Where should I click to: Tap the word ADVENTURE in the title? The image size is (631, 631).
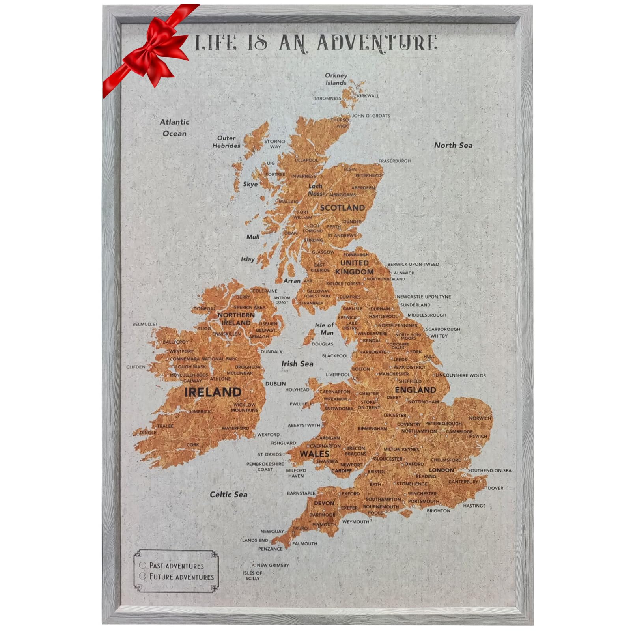(x=377, y=43)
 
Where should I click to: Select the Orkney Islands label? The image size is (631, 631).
(x=336, y=79)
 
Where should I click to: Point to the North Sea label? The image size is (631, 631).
(x=453, y=145)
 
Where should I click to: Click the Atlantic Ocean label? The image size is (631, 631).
(x=174, y=128)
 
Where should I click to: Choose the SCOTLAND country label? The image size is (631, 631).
(x=342, y=208)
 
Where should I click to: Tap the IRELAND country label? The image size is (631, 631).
(x=213, y=392)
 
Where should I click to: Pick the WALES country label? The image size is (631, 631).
(x=314, y=454)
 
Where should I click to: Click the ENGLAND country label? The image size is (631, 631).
(x=415, y=390)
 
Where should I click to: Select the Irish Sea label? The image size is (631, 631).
(x=297, y=364)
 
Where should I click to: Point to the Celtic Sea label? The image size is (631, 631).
(x=228, y=494)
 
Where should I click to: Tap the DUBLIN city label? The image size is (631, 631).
(x=275, y=383)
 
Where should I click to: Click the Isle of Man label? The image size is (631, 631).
(x=324, y=329)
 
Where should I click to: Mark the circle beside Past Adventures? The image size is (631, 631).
(x=143, y=566)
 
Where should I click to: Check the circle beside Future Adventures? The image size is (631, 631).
(x=143, y=577)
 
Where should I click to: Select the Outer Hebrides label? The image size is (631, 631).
(x=226, y=142)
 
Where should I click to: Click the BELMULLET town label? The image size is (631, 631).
(x=145, y=324)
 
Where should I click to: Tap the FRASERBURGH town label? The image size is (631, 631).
(x=394, y=161)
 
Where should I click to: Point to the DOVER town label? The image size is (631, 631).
(x=495, y=488)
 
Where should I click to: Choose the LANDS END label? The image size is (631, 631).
(x=255, y=540)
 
